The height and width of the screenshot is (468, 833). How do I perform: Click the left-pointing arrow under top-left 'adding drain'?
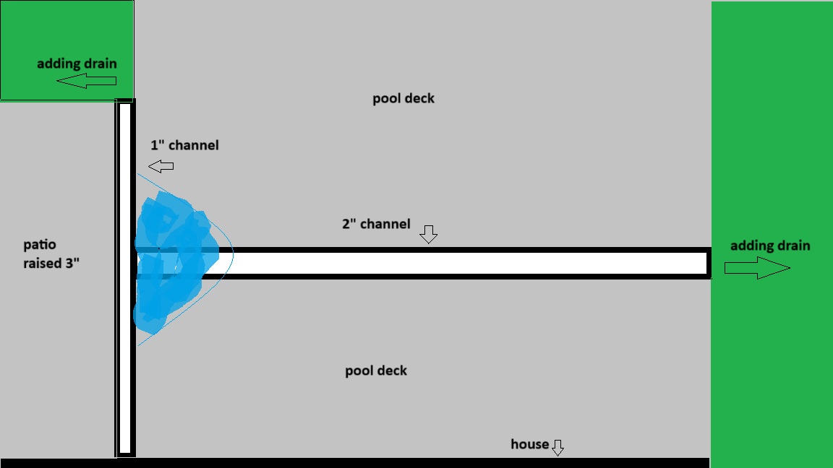click(85, 82)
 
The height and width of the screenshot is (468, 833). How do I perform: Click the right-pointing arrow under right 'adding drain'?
click(756, 269)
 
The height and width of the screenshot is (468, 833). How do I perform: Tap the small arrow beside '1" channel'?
click(162, 167)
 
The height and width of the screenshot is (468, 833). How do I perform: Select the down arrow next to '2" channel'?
click(429, 233)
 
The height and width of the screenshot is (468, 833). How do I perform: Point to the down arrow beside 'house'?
click(558, 448)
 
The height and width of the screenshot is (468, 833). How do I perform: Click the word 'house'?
click(529, 444)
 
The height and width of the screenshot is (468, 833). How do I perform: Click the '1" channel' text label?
click(184, 145)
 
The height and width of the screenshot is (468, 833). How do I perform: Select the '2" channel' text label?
click(376, 224)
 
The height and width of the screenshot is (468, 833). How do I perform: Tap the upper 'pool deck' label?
click(403, 98)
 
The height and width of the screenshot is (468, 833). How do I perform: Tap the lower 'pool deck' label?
click(376, 370)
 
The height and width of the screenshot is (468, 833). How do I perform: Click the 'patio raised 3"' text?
click(50, 254)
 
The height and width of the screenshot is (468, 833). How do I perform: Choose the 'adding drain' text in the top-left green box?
click(77, 64)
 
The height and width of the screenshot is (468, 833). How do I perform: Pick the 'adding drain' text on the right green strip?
click(769, 246)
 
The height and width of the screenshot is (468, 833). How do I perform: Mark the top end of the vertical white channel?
click(125, 106)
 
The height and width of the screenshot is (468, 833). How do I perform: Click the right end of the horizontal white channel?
click(705, 263)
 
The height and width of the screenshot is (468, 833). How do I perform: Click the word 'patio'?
click(39, 246)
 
